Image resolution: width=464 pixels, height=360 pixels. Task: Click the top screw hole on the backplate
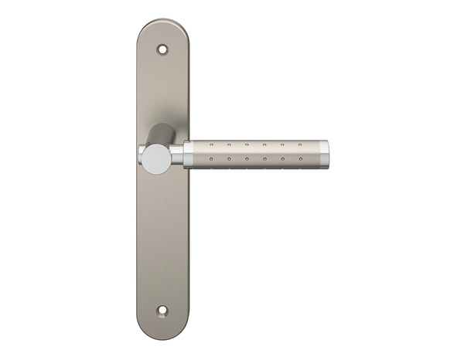[x=162, y=49]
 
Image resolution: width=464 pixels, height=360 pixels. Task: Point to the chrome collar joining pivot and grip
[x=177, y=154]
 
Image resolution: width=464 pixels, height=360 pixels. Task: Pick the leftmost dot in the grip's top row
[x=210, y=144]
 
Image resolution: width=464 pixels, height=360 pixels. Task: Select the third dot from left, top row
[x=246, y=144]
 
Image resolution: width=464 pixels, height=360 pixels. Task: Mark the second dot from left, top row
[x=228, y=144]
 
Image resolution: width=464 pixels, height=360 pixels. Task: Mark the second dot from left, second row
[x=228, y=159]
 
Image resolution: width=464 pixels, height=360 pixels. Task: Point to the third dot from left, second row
[x=246, y=159]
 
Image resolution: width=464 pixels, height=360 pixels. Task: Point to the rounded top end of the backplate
[x=162, y=29]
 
